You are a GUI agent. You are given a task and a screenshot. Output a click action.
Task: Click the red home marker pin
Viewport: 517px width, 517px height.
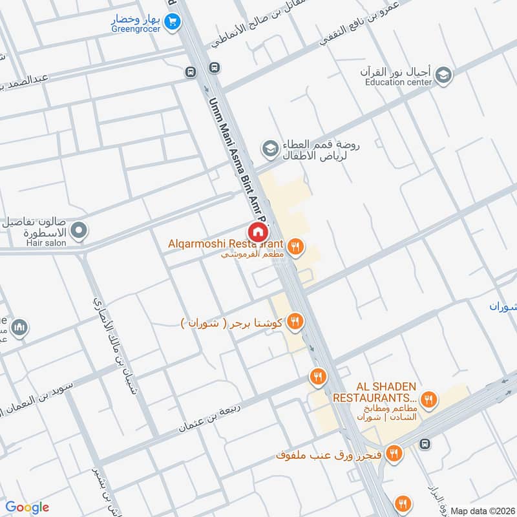click(258, 231)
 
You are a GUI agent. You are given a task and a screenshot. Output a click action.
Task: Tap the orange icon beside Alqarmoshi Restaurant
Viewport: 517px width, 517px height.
click(295, 246)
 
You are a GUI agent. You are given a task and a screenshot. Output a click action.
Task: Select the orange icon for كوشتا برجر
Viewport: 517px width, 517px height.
click(295, 321)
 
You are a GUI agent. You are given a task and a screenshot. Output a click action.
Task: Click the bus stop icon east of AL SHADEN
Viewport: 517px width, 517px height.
click(425, 444)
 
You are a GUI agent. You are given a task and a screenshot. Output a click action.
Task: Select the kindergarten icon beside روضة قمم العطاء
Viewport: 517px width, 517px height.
click(269, 149)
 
